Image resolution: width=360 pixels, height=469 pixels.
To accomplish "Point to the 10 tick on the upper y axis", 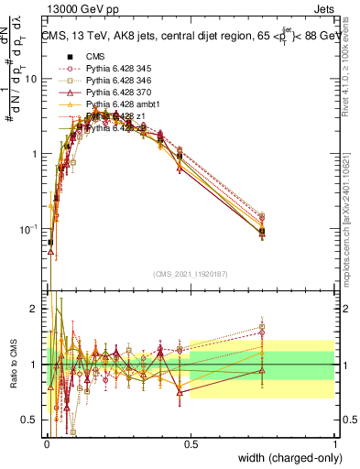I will click(30, 80).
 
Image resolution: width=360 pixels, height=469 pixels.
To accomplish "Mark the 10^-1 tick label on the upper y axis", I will click(27, 229).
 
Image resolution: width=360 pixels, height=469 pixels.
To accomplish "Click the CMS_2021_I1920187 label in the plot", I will click(189, 273).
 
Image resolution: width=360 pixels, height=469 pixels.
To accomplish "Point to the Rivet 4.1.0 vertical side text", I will click(351, 73).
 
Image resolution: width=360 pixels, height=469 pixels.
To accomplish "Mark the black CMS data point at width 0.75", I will click(262, 232).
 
